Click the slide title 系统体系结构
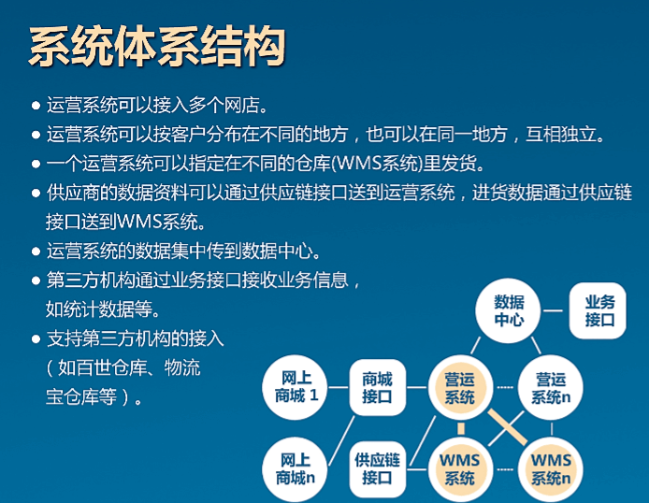click(157, 47)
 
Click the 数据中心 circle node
click(509, 310)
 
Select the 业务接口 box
click(598, 310)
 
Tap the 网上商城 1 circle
click(296, 387)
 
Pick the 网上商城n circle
click(295, 469)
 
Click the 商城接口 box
click(377, 388)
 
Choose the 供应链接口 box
click(377, 469)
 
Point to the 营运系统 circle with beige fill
click(460, 388)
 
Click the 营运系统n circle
click(551, 388)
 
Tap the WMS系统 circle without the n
click(460, 469)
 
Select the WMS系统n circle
click(551, 469)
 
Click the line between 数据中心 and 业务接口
click(553, 310)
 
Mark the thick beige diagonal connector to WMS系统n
click(508, 427)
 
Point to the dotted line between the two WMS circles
click(505, 469)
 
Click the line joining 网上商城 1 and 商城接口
click(339, 388)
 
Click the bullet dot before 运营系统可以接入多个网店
click(36, 105)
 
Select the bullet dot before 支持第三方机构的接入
click(36, 339)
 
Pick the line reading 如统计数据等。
click(103, 309)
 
